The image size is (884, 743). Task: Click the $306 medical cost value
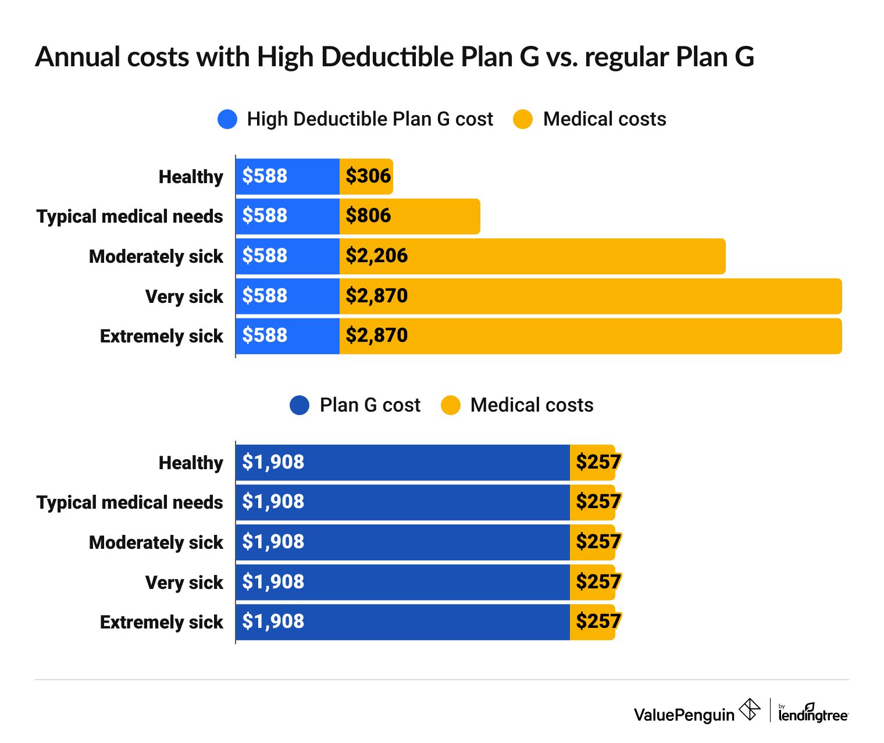tap(368, 176)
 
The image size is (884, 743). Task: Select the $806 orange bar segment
tap(409, 216)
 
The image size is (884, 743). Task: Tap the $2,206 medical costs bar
tap(532, 256)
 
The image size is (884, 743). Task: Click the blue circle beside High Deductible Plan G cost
tap(227, 119)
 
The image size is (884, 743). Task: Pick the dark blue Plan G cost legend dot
tap(300, 405)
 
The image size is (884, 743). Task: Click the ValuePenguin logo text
tap(684, 714)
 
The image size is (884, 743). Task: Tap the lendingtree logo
tap(813, 713)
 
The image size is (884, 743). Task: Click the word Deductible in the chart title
tap(387, 57)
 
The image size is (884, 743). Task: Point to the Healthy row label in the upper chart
tap(191, 177)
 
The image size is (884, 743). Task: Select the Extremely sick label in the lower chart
tap(161, 622)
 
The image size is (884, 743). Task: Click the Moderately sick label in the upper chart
tap(156, 256)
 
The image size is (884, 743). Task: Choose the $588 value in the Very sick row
tap(265, 295)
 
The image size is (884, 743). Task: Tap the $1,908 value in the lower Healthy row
tap(273, 462)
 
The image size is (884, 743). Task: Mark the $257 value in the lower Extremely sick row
tap(598, 621)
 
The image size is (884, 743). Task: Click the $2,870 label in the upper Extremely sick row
tap(376, 335)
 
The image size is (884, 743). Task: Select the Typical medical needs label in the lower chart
tap(130, 502)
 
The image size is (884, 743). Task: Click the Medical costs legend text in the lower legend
tap(532, 405)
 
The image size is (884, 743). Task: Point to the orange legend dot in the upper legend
tap(523, 119)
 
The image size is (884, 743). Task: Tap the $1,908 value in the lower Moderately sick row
tap(273, 542)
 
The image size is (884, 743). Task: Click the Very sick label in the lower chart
tap(184, 583)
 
